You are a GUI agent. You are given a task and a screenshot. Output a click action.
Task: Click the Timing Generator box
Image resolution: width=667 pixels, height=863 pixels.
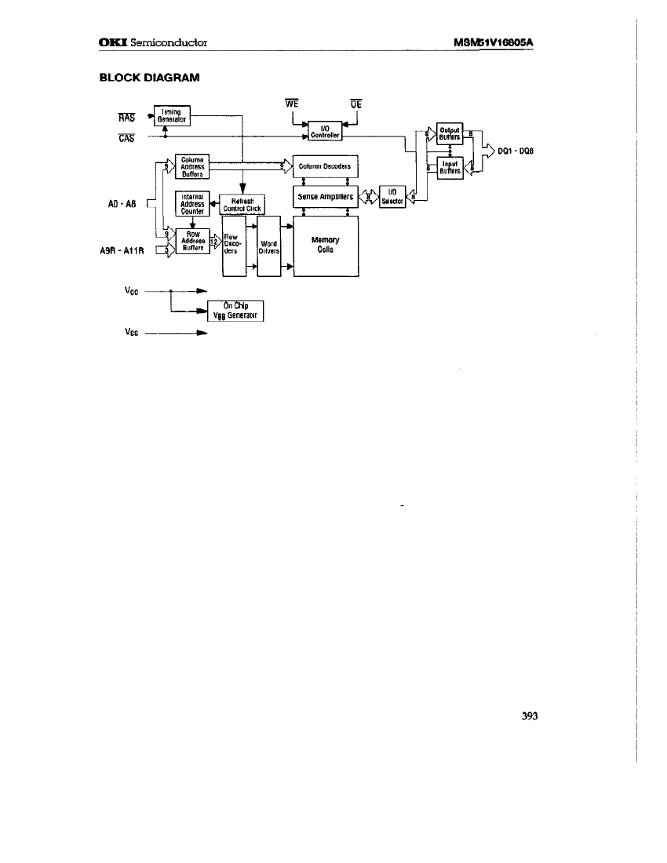click(169, 115)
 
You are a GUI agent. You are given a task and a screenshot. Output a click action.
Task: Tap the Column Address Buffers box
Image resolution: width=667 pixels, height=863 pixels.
click(193, 166)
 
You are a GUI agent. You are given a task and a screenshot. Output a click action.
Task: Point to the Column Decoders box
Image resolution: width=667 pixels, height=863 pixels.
click(325, 166)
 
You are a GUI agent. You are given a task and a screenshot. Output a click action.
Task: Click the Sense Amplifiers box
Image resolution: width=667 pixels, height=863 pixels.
click(325, 197)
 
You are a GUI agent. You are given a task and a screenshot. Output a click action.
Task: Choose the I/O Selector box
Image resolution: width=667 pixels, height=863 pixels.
click(392, 197)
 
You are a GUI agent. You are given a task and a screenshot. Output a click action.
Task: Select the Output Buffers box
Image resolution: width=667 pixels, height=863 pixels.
click(450, 134)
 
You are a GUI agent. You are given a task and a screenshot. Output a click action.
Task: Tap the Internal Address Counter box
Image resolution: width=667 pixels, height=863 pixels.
click(192, 204)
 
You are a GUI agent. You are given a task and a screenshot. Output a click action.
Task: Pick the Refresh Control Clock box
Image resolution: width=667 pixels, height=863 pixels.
click(242, 205)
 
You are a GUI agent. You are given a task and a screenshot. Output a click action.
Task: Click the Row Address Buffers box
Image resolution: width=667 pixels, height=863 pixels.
click(193, 241)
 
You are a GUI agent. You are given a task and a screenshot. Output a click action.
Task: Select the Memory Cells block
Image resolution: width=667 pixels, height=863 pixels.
click(325, 245)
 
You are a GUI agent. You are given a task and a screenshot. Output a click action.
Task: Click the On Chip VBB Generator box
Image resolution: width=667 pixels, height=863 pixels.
click(235, 311)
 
